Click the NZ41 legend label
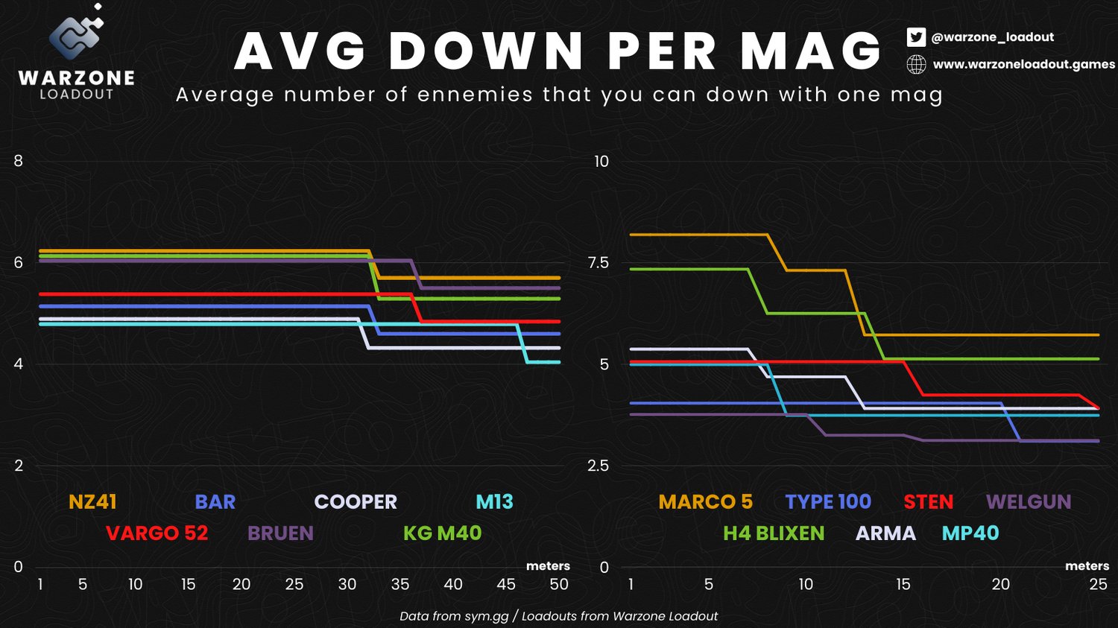coord(92,502)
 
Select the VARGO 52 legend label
coord(157,533)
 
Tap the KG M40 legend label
coord(442,533)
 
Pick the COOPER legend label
coord(356,502)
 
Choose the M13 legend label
coord(494,502)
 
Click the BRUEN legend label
coord(280,533)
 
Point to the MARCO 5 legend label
coord(705,502)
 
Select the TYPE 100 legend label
coord(828,502)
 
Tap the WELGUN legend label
coord(1029,502)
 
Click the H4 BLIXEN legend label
coord(774,533)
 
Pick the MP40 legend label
coord(970,533)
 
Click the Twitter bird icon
coord(916,37)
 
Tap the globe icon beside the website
coord(916,65)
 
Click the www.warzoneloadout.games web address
coord(1024,65)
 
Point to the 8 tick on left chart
coord(19,161)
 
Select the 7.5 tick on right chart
coord(599,263)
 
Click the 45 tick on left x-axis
coord(506,585)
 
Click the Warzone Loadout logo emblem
coord(75,37)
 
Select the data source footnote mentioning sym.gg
coord(558,616)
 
